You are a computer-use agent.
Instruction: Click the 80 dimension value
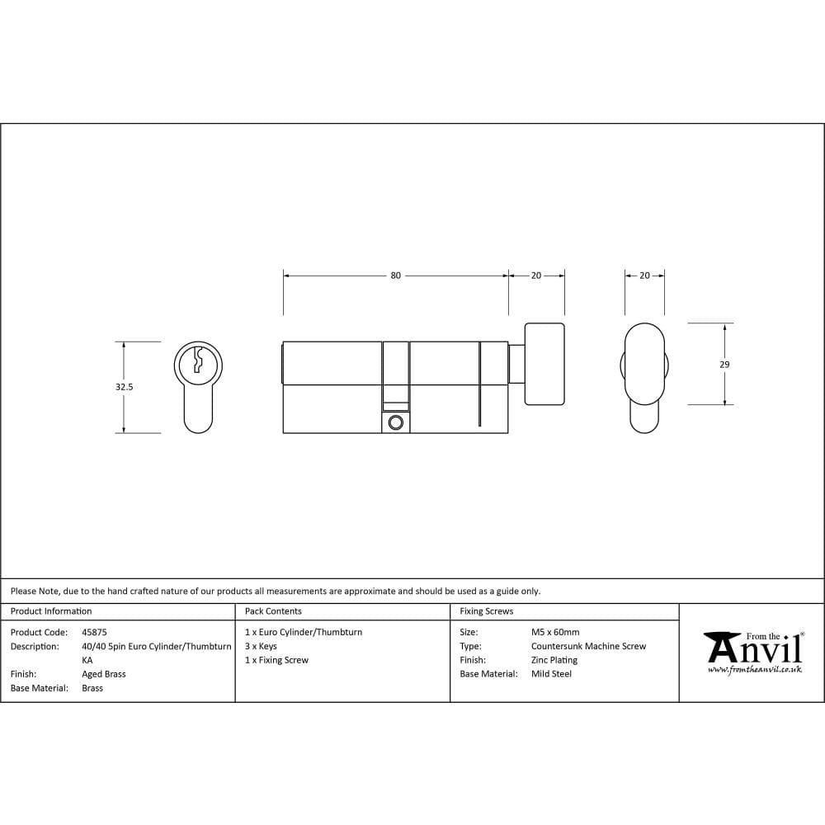[x=395, y=276]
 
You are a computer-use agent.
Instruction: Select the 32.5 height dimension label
[x=125, y=386]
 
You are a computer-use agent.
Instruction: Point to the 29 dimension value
[x=724, y=364]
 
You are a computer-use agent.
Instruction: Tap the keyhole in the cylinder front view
[x=198, y=361]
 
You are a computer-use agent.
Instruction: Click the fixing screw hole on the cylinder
[x=396, y=422]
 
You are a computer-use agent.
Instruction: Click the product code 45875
[x=94, y=632]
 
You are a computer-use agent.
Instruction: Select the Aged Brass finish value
[x=104, y=674]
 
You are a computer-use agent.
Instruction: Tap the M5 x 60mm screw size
[x=555, y=632]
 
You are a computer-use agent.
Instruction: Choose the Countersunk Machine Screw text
[x=588, y=646]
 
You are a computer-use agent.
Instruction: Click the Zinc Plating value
[x=554, y=660]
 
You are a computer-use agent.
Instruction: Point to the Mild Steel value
[x=551, y=674]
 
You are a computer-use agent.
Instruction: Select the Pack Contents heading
[x=273, y=611]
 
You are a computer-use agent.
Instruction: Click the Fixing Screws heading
[x=486, y=611]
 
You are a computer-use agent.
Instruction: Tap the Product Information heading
[x=51, y=611]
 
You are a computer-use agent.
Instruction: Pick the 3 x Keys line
[x=261, y=646]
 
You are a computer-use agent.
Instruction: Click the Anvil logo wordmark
[x=754, y=650]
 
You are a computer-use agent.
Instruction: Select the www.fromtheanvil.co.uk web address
[x=754, y=670]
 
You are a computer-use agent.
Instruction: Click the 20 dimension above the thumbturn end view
[x=644, y=276]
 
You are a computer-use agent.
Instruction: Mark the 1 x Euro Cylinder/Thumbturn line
[x=304, y=632]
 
